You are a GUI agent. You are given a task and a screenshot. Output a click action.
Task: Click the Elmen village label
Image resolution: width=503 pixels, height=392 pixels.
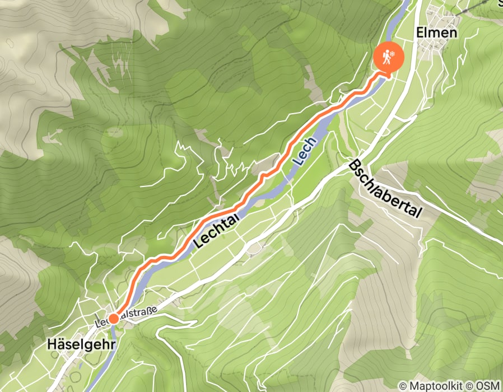tap(437, 32)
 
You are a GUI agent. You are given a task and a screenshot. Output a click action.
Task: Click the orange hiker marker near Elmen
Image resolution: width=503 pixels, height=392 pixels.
tap(387, 57)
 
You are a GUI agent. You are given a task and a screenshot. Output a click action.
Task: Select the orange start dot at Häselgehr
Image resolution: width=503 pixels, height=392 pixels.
tap(113, 319)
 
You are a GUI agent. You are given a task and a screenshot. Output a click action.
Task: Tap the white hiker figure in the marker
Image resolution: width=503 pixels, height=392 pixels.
tap(385, 57)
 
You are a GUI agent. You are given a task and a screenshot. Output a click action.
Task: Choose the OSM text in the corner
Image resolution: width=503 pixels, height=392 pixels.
tap(489, 386)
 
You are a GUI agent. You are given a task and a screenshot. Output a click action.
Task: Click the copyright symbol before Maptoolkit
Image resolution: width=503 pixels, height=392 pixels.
tap(403, 386)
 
